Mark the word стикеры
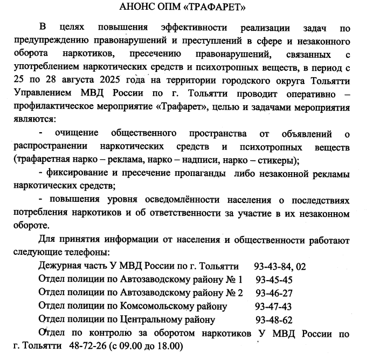[x=272, y=160]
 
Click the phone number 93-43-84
[x=271, y=267]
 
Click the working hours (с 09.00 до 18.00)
[x=143, y=345]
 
